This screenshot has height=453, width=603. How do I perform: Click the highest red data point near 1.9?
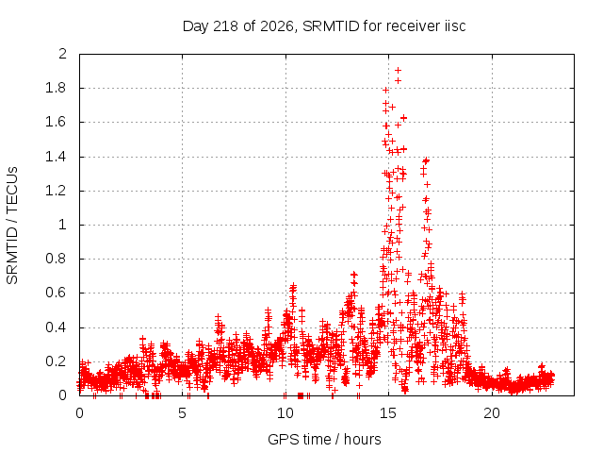398,71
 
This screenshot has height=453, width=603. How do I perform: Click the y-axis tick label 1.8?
56,88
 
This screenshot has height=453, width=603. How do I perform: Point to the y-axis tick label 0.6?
56,293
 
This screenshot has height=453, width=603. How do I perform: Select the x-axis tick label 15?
388,413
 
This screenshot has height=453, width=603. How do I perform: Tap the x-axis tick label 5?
182,413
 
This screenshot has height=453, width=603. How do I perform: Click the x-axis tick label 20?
492,413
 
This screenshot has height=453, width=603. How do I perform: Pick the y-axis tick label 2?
62,54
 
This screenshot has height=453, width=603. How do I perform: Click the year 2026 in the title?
279,26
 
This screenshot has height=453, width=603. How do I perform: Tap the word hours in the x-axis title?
362,439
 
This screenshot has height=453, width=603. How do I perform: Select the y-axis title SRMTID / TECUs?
12,226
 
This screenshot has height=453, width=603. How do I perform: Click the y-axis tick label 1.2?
56,191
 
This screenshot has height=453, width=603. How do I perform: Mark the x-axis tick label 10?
285,413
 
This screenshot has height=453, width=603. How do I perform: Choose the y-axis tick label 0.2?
56,361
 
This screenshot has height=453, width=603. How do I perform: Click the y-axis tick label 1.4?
56,157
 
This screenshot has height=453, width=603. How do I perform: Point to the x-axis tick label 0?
79,413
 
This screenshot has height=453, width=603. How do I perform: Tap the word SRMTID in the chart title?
331,26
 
